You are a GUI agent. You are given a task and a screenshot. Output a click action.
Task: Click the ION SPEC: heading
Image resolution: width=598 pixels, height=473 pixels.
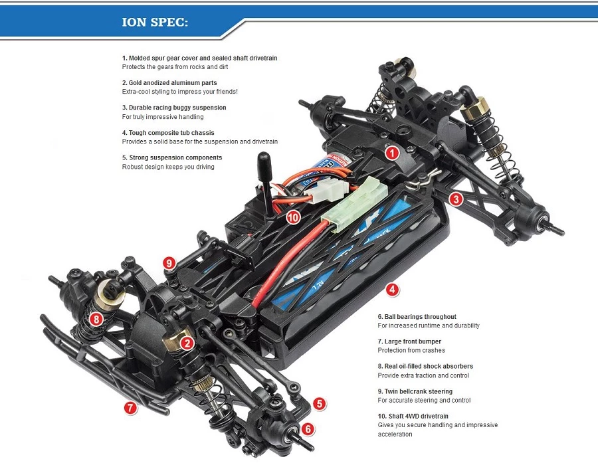click(x=155, y=22)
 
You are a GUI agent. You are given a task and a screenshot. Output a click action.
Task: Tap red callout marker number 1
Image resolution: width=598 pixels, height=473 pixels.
click(x=393, y=153)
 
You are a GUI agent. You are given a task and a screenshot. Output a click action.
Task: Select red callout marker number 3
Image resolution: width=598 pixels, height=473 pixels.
click(x=455, y=198)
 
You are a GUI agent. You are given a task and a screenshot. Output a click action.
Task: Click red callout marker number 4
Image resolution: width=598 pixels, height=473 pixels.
click(x=393, y=289)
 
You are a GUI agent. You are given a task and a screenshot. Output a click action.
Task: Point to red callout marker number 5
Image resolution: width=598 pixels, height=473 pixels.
click(x=320, y=403)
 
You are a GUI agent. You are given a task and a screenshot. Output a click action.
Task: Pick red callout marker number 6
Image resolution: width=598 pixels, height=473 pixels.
click(x=308, y=428)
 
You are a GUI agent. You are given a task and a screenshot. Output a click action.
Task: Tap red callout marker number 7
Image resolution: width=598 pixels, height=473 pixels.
click(x=130, y=408)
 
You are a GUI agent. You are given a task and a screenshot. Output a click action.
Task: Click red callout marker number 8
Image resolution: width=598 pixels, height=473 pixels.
click(x=97, y=319)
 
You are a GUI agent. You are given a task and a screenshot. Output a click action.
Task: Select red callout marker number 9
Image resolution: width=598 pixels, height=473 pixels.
click(x=169, y=264)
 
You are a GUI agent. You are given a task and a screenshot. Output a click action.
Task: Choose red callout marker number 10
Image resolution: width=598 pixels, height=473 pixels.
click(x=293, y=217)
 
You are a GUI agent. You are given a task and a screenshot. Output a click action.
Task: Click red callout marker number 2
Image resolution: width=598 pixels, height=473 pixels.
click(x=187, y=343)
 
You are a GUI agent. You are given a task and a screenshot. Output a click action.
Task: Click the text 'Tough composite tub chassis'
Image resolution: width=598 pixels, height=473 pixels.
click(x=171, y=133)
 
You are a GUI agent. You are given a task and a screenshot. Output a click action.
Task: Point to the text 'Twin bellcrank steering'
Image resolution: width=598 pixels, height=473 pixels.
click(x=419, y=391)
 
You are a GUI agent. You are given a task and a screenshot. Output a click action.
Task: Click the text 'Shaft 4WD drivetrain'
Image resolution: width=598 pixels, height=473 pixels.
click(x=416, y=416)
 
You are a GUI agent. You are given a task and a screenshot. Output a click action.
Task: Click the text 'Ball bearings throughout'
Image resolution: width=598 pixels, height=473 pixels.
click(x=420, y=317)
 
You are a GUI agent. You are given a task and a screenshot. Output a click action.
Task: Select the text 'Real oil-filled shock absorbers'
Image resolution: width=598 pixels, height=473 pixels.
click(x=429, y=366)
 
